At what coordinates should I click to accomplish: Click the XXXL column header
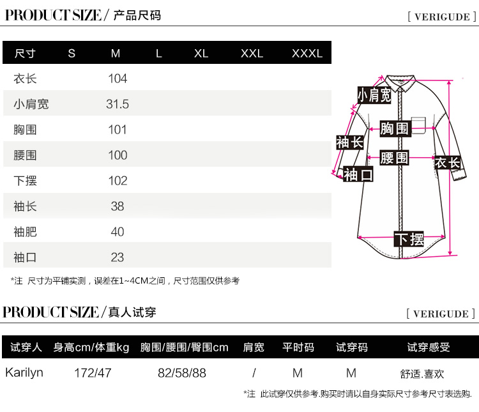click(307, 54)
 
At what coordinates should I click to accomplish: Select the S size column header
click(72, 54)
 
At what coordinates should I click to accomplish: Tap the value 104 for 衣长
click(118, 79)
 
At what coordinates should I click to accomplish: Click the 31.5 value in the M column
click(118, 104)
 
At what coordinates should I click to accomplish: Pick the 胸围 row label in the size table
click(26, 130)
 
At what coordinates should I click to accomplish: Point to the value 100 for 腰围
click(118, 155)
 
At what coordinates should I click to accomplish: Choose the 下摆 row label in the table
click(26, 181)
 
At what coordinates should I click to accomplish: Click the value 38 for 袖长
click(118, 206)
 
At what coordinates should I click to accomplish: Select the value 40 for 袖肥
click(118, 232)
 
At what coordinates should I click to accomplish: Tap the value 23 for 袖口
click(118, 257)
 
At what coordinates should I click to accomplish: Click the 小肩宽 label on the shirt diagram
click(374, 95)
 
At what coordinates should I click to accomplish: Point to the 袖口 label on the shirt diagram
click(358, 174)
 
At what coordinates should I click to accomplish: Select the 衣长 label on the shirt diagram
click(447, 162)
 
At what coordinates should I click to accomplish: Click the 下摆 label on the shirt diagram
click(409, 240)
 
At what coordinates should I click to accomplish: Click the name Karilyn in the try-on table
click(24, 372)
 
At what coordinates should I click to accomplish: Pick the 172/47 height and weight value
click(93, 372)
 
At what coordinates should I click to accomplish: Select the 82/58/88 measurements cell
click(182, 372)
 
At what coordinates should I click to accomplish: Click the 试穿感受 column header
click(429, 347)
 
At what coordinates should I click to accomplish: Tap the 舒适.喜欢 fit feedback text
click(422, 373)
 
